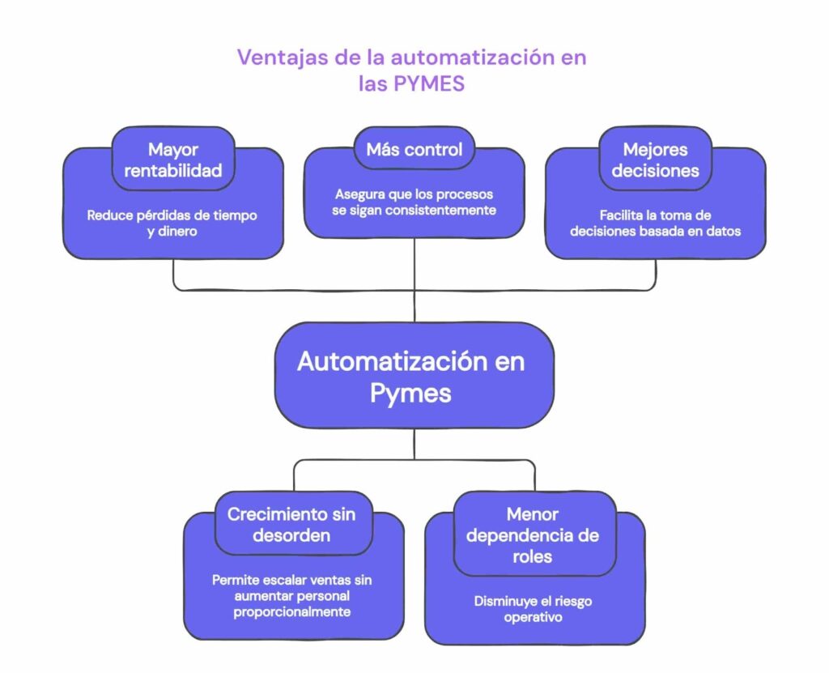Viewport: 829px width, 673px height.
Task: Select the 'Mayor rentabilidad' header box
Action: coord(173,160)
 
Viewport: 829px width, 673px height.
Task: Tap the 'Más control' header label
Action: coord(414,149)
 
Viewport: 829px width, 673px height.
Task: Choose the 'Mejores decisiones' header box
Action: coord(655,160)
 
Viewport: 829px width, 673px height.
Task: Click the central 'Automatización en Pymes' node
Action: coord(414,376)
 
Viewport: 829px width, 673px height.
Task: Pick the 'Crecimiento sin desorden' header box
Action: coord(291,524)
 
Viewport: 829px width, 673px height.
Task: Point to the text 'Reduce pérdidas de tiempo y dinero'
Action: coord(172,224)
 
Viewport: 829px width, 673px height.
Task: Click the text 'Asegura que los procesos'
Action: coord(414,194)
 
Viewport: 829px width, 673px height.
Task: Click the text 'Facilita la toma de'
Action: coord(654,215)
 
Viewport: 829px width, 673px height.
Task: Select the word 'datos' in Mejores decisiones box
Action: coord(724,231)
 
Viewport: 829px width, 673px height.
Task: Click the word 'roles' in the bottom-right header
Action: coord(533,556)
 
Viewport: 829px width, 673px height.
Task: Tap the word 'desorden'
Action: coord(291,535)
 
